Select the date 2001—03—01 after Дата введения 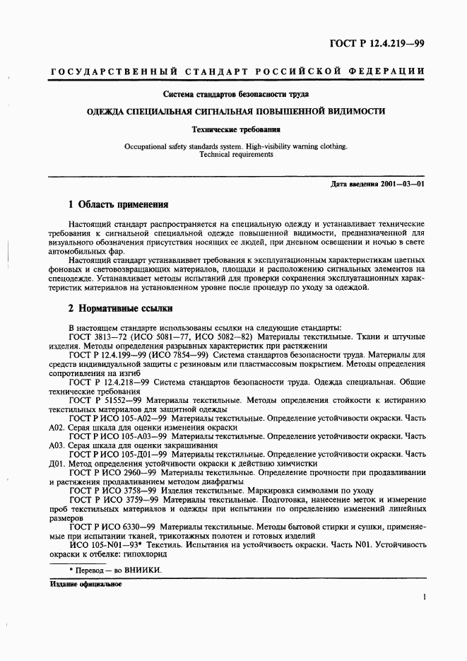tap(401, 184)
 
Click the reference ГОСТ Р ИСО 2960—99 tap(113, 472)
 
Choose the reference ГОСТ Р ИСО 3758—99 tap(113, 490)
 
